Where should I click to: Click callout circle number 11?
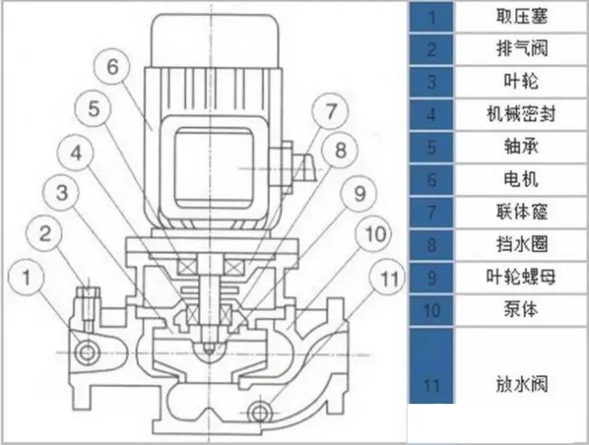[x=390, y=279]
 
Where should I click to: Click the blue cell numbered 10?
[x=432, y=310]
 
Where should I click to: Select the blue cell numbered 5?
[x=432, y=147]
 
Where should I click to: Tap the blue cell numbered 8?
[x=432, y=245]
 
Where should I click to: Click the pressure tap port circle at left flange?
[x=86, y=353]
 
